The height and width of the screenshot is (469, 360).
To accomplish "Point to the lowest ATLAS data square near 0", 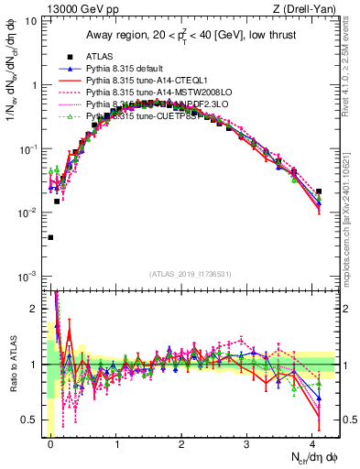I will [50, 237].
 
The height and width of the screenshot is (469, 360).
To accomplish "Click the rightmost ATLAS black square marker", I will [319, 192].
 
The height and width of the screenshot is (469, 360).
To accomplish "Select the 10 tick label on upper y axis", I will [29, 20].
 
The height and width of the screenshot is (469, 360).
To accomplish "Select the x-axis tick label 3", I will [248, 443].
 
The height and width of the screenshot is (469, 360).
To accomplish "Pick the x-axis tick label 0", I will [50, 443].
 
